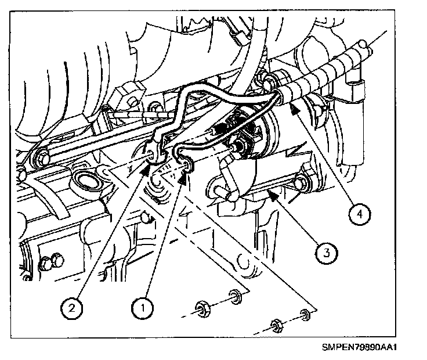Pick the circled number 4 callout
point(360,214)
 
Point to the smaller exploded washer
point(304,316)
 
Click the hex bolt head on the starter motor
point(299,184)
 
